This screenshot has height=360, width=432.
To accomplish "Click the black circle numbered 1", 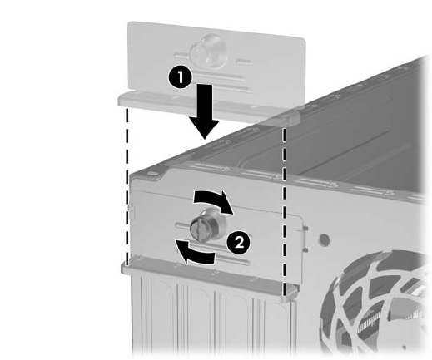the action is click(x=181, y=77).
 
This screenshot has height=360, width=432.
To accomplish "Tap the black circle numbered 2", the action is click(x=239, y=243).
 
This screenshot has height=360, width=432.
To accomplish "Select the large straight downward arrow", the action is click(x=205, y=111).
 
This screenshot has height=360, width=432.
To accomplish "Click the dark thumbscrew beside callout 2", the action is click(x=208, y=226).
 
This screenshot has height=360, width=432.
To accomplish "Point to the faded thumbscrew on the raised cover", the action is click(x=208, y=52).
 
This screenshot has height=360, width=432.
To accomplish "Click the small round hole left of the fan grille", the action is click(x=324, y=239).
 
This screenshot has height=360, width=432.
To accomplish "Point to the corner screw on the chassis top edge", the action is click(x=151, y=175).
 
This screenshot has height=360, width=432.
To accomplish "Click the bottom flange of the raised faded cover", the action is click(x=209, y=108).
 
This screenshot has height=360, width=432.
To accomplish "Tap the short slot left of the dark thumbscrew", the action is click(x=182, y=225).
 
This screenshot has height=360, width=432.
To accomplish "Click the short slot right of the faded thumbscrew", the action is click(x=244, y=62).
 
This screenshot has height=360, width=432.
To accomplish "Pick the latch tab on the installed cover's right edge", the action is click(x=305, y=239).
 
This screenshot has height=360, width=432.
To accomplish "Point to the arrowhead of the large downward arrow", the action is click(x=205, y=129).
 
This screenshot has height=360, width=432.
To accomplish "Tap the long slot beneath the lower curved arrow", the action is click(x=231, y=259).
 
